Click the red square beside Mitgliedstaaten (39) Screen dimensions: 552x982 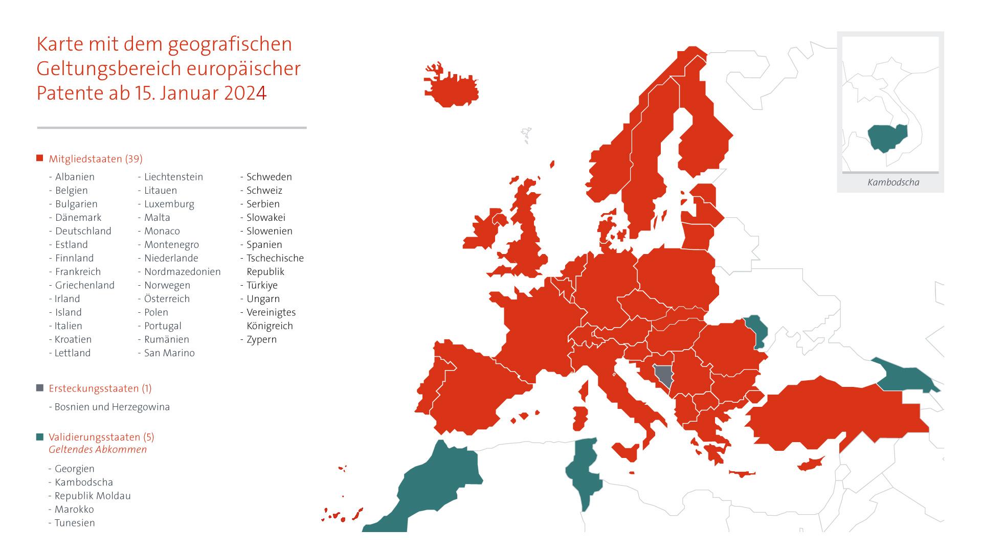click(x=40, y=158)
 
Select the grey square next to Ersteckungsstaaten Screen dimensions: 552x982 click(x=40, y=388)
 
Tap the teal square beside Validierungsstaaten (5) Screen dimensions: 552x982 click(x=40, y=437)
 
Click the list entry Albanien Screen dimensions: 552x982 click(x=75, y=177)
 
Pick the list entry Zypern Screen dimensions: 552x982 click(x=261, y=339)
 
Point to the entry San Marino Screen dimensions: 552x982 click(x=169, y=353)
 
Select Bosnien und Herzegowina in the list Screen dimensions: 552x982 click(x=112, y=407)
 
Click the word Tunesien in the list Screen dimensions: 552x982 click(x=75, y=523)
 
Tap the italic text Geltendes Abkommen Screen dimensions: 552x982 click(x=98, y=450)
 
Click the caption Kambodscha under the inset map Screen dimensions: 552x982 click(x=893, y=182)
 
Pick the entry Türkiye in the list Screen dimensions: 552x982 click(x=262, y=285)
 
